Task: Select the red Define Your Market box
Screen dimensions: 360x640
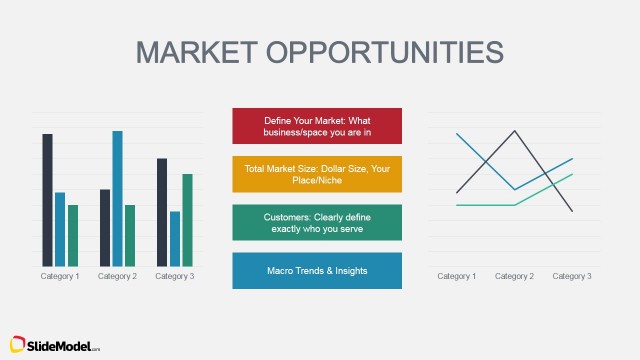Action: pyautogui.click(x=316, y=126)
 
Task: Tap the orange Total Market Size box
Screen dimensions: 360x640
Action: pyautogui.click(x=316, y=174)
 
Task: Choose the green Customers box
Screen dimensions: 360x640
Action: pyautogui.click(x=316, y=222)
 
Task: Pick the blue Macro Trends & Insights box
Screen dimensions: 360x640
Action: pyautogui.click(x=316, y=270)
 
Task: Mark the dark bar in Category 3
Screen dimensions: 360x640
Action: pyautogui.click(x=162, y=211)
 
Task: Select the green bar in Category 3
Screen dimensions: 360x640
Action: pyautogui.click(x=187, y=219)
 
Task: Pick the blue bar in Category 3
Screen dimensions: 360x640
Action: pyautogui.click(x=175, y=238)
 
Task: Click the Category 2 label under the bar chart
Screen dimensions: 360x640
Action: pyautogui.click(x=117, y=276)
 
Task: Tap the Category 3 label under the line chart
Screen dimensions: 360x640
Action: pyautogui.click(x=572, y=276)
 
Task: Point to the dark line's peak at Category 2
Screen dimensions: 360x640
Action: pyautogui.click(x=515, y=131)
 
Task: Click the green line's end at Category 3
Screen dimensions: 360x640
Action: pyautogui.click(x=572, y=174)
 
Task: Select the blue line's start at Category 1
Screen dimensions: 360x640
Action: pyautogui.click(x=457, y=133)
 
